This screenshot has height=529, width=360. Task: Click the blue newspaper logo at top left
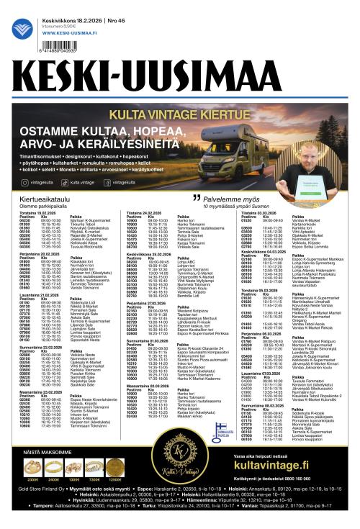(x=22, y=30)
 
